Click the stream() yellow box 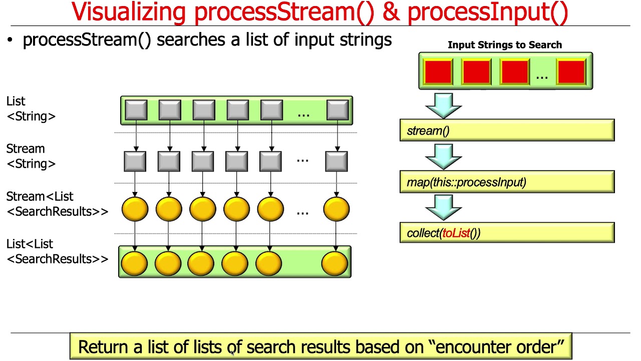click(507, 131)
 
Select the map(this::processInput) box click(507, 182)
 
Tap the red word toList click(456, 233)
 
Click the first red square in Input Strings click(438, 71)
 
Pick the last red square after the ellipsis click(571, 71)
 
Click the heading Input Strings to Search click(505, 45)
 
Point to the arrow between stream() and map click(443, 156)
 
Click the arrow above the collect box click(443, 207)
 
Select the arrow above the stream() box click(443, 105)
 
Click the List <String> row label click(31, 109)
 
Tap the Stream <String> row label click(31, 156)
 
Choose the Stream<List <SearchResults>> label click(57, 204)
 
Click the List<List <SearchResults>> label click(57, 252)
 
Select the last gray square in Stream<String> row click(337, 161)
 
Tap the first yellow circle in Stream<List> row click(135, 209)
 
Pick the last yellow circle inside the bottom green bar click(335, 262)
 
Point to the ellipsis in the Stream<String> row click(302, 160)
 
